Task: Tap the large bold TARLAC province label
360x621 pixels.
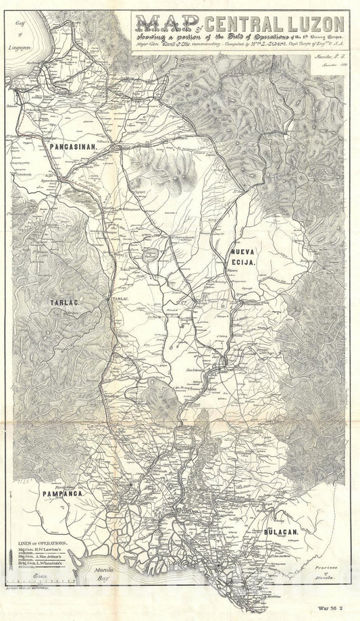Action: pyautogui.click(x=65, y=304)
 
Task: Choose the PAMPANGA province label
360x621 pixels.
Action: pyautogui.click(x=63, y=494)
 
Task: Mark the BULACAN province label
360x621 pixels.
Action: pyautogui.click(x=282, y=533)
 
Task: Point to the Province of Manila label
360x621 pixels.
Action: pyautogui.click(x=323, y=572)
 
